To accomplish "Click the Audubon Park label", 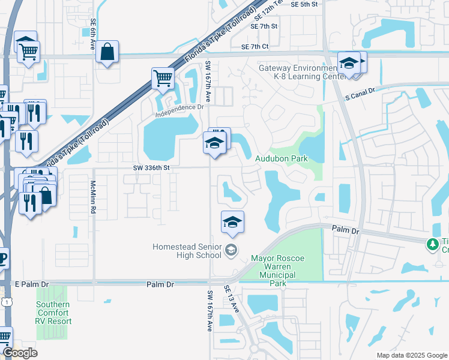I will coord(282,159).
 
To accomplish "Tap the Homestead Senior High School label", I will coord(187,251).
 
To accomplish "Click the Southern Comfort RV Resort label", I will coord(53,313).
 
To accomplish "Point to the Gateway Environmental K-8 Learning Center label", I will coord(296,73).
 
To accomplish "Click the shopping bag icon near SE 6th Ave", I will coord(107,53).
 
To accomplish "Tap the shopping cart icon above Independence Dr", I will coord(163,79).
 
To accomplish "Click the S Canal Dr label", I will coord(360,91).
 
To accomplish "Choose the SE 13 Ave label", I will coord(232,298).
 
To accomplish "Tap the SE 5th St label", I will coord(303,4).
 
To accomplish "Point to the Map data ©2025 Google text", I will coord(411,355).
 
